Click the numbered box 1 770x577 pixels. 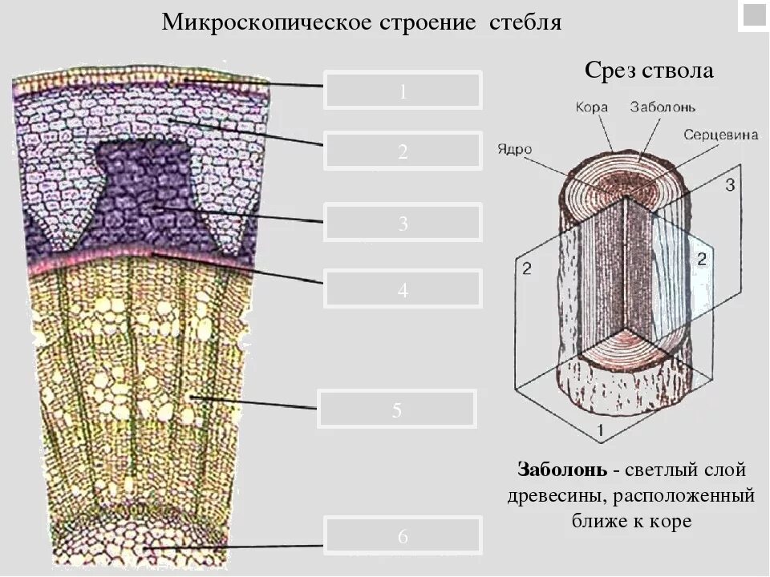tap(403, 91)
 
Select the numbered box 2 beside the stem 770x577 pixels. tap(403, 151)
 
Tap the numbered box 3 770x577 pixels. tap(403, 222)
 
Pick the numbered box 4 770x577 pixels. tap(403, 288)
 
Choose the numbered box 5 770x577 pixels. tap(397, 410)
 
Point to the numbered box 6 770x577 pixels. tap(403, 535)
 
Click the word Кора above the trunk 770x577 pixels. tap(592, 107)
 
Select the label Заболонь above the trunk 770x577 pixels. tap(663, 107)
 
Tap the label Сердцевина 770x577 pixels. tap(720, 135)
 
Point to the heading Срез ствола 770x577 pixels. tap(648, 71)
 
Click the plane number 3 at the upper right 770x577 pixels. tap(729, 186)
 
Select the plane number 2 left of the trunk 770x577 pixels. tap(526, 268)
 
